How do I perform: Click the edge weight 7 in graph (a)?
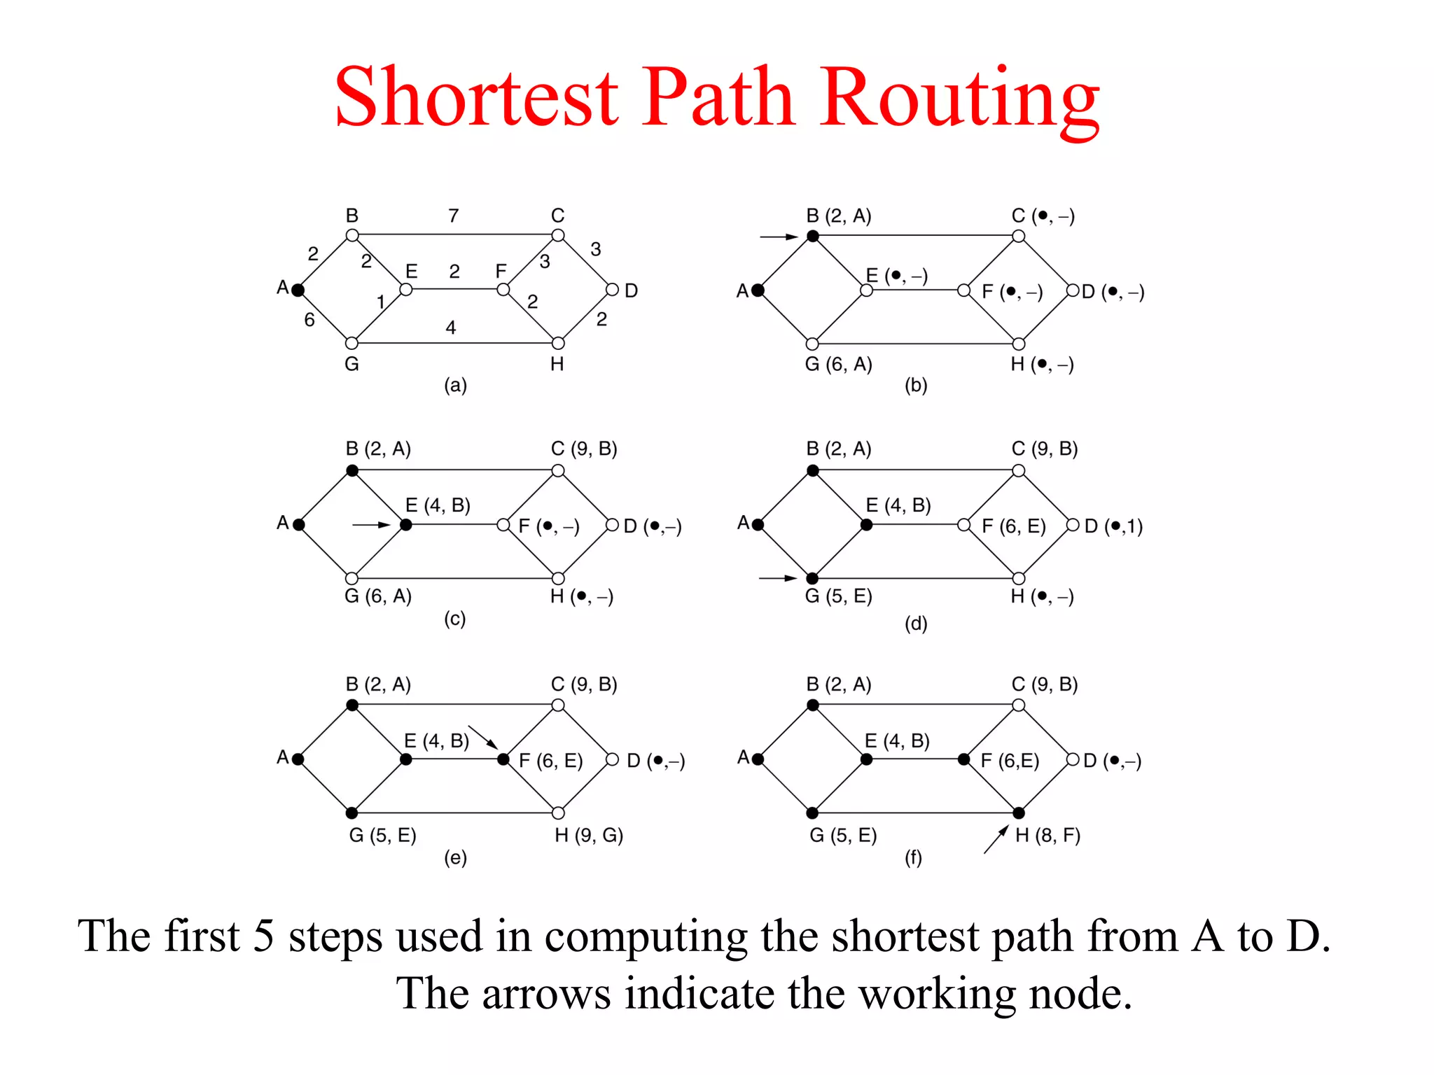coord(454,216)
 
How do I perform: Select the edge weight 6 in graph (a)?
coord(309,320)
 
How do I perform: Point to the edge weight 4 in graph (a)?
coord(451,328)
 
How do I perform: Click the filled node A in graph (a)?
coord(298,290)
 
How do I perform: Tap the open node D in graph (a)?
coord(612,290)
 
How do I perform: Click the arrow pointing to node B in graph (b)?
coord(779,237)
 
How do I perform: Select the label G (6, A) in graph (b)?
coord(838,364)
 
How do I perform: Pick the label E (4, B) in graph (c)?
coord(438,505)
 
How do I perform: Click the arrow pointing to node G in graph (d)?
coord(778,578)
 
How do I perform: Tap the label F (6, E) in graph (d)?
coord(1013,526)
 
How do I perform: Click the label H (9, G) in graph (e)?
coord(589,835)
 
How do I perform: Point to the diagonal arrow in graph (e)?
coord(482,737)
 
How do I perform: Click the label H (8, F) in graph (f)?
coord(1047,835)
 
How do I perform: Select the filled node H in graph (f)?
coord(1019,813)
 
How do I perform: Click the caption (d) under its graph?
coord(916,623)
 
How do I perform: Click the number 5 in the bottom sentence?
coord(263,936)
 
